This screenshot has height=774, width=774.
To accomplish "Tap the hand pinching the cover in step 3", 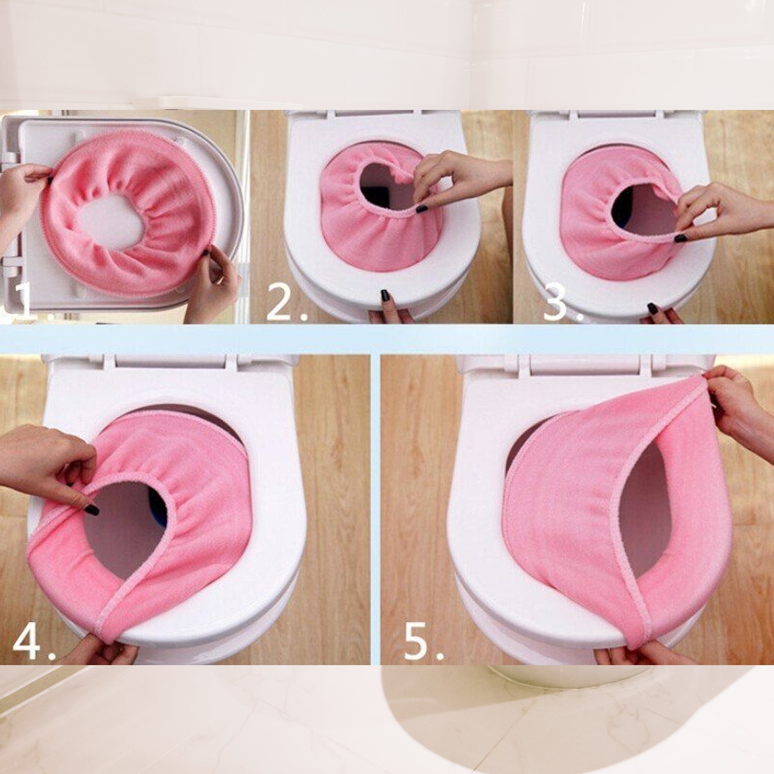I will point(722,212).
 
